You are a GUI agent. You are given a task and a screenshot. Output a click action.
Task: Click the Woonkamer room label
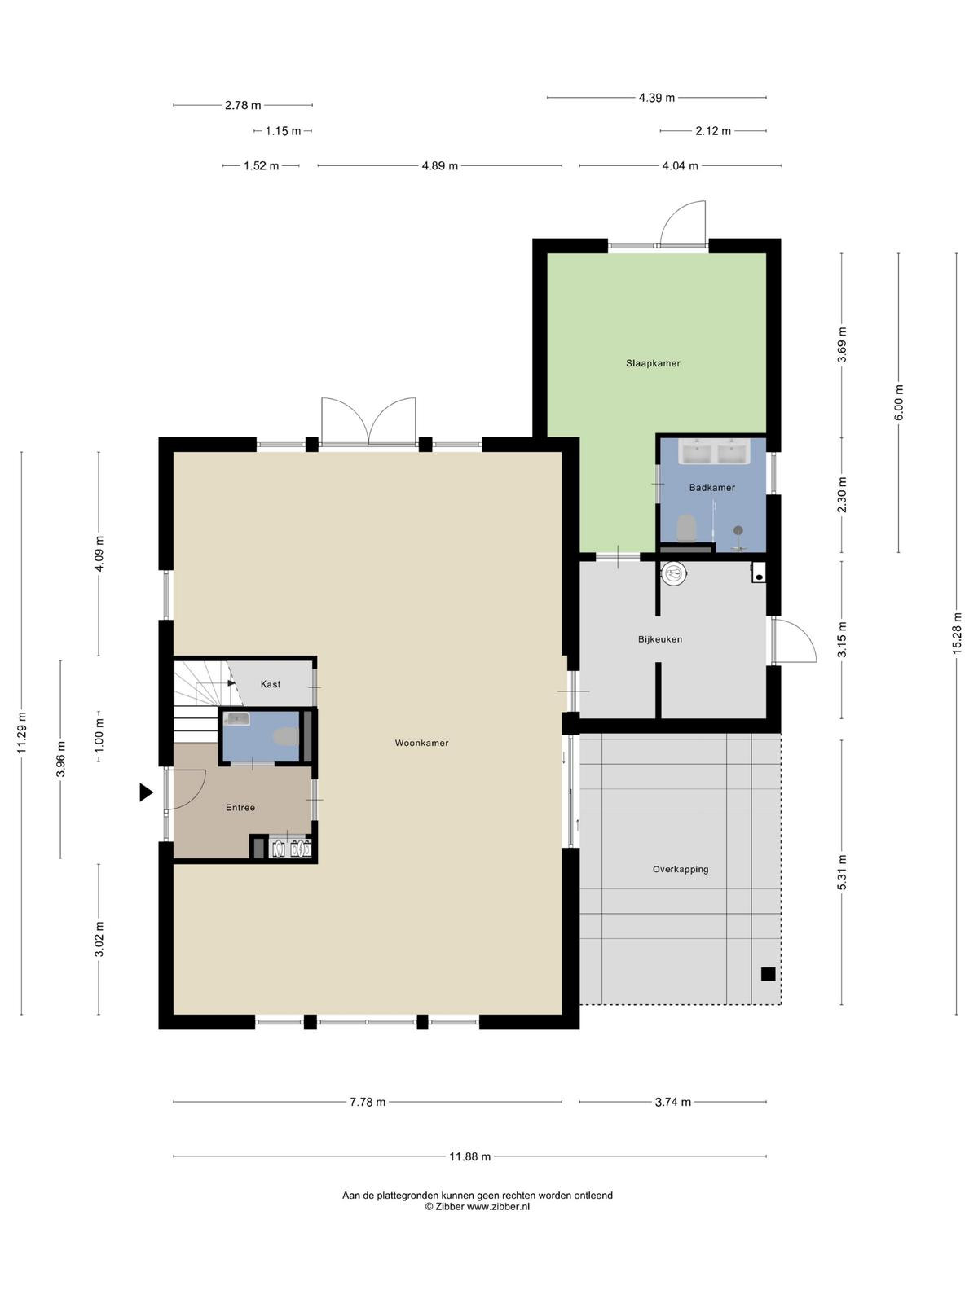[421, 743]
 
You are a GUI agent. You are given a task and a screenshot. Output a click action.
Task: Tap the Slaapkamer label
[653, 363]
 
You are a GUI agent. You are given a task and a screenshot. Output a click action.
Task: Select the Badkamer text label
[712, 487]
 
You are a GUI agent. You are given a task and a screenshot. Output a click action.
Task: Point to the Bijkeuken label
[659, 639]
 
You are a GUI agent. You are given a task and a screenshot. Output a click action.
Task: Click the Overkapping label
[681, 869]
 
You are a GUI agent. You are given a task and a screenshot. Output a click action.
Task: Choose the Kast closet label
[271, 684]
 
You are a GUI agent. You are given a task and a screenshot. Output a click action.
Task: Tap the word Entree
[240, 807]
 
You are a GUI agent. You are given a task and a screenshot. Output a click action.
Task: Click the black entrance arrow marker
[146, 792]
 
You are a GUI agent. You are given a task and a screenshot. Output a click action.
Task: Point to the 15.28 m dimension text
[956, 634]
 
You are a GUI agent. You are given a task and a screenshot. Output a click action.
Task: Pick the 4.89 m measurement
[440, 166]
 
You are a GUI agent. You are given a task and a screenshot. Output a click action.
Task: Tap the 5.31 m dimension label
[842, 873]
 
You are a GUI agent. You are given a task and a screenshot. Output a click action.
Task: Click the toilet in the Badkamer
[686, 528]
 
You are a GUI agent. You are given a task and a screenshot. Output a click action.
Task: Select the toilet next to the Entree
[285, 737]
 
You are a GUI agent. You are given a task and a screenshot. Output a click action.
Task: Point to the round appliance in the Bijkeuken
[674, 573]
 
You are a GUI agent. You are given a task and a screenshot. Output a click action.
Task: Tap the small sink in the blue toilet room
[236, 719]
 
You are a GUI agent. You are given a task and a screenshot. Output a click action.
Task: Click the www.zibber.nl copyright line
[478, 1207]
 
